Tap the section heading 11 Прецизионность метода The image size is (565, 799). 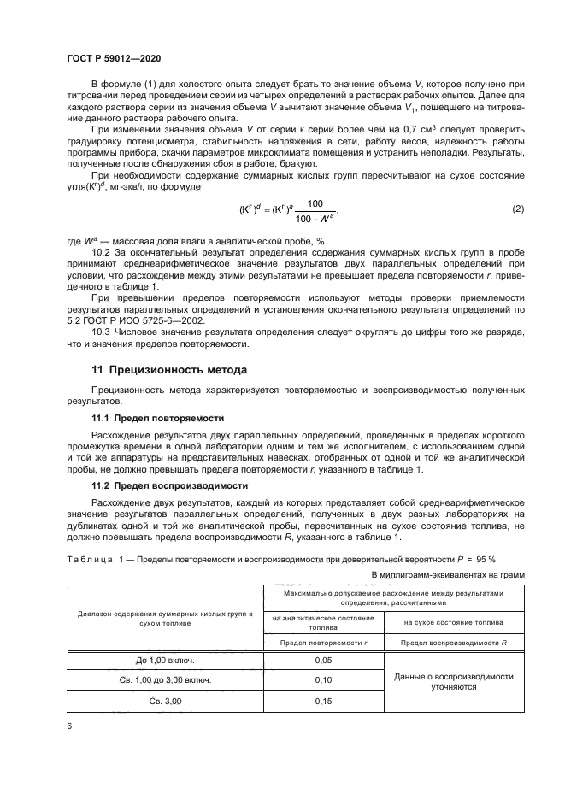click(170, 370)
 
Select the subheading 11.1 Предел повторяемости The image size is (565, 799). click(158, 419)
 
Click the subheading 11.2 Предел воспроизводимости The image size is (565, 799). click(168, 485)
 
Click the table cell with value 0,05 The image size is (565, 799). click(324, 661)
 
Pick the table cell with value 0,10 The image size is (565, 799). click(324, 680)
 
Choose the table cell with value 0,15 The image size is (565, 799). click(324, 701)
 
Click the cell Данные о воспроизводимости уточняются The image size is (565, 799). click(453, 680)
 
